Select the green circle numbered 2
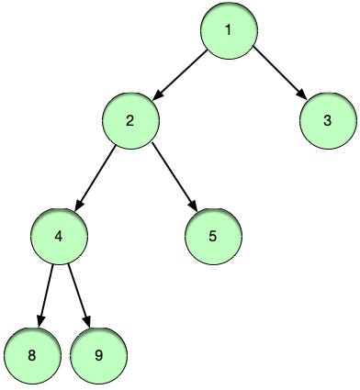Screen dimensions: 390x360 [x=130, y=120]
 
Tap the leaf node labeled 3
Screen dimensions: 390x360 [x=328, y=120]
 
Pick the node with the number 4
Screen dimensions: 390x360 [x=59, y=236]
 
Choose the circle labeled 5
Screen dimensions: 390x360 [x=212, y=236]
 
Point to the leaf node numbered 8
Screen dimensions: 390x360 [x=31, y=353]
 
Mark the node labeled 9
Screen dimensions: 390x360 [x=97, y=353]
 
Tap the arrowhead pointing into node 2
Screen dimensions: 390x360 [x=157, y=95]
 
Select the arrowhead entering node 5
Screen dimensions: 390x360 [x=195, y=207]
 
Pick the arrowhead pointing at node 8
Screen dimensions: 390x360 [x=39, y=322]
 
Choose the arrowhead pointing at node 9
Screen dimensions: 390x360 [x=88, y=322]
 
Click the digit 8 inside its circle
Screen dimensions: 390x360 [x=31, y=353]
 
